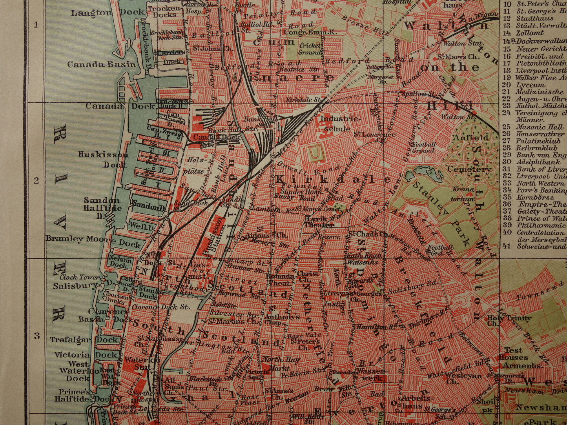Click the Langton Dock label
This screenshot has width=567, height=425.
click(x=102, y=13)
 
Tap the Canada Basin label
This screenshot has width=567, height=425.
click(x=101, y=64)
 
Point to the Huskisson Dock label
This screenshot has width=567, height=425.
click(x=103, y=159)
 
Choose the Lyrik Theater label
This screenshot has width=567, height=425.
click(x=321, y=222)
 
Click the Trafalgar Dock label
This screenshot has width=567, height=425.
click(x=84, y=340)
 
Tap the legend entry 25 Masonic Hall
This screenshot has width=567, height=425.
click(x=535, y=127)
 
